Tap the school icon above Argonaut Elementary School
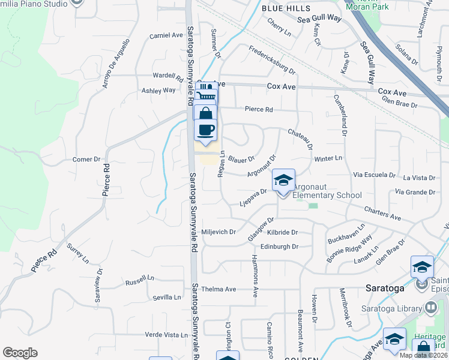tap(283, 180)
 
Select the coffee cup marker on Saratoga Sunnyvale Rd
tap(205, 130)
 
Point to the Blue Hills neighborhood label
tap(286, 8)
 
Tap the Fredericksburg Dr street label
tap(273, 62)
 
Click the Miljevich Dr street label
tap(219, 232)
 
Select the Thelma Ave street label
tap(218, 289)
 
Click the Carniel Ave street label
tap(166, 35)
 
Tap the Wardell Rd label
tap(167, 77)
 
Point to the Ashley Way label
tap(158, 91)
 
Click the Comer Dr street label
tap(86, 160)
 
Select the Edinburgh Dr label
tap(279, 247)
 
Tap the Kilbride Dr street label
tap(283, 232)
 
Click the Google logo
tap(20, 353)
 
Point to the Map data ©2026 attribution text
tap(423, 355)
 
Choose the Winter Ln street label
tap(328, 158)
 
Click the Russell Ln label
tap(140, 279)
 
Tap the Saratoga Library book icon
tap(430, 308)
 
